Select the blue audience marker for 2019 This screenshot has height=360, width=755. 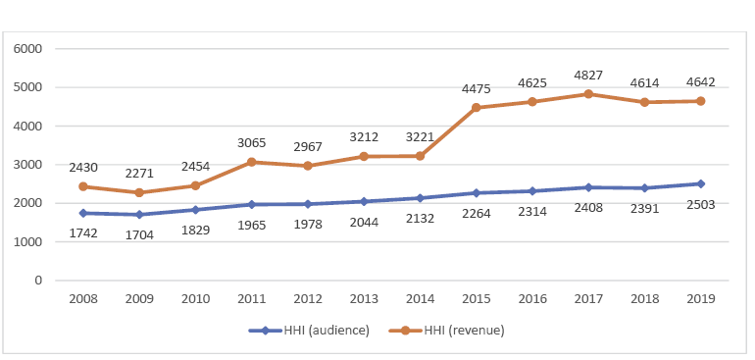pyautogui.click(x=702, y=183)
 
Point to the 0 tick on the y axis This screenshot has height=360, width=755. pyautogui.click(x=39, y=281)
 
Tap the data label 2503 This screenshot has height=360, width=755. pyautogui.click(x=702, y=204)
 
